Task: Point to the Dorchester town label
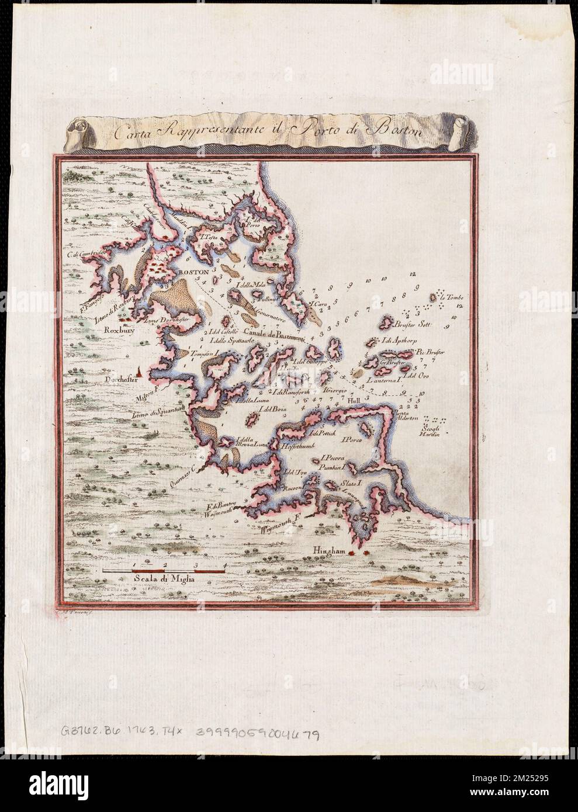117,378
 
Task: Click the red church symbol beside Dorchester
139,370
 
